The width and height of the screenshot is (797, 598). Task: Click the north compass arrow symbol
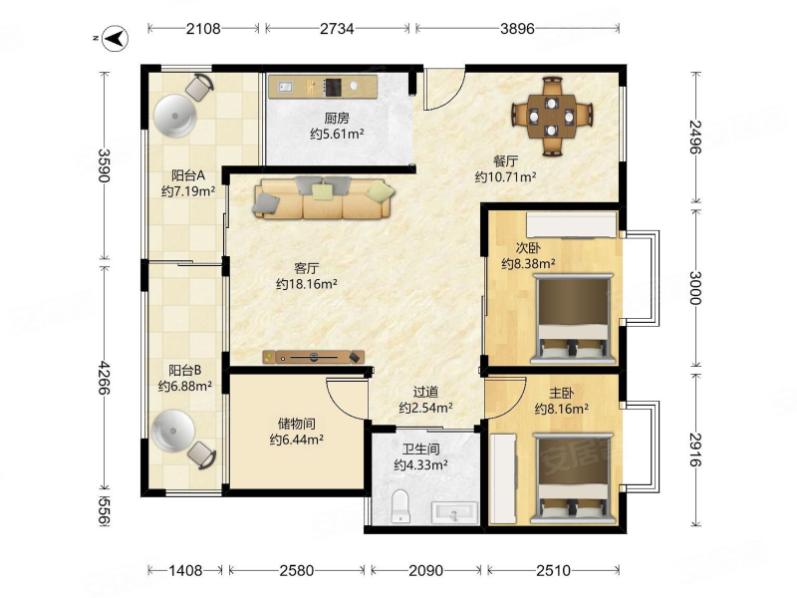[116, 38]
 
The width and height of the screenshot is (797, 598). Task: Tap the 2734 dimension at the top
[337, 29]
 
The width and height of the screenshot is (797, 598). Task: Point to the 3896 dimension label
[517, 29]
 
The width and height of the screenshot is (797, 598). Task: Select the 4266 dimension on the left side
[105, 378]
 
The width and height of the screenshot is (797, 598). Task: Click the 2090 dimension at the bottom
[425, 570]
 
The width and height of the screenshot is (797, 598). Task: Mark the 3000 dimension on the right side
[695, 288]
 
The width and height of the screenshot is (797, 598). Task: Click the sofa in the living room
[323, 197]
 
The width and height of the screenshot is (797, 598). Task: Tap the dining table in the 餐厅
[552, 117]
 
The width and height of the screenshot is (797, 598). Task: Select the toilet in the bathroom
[400, 506]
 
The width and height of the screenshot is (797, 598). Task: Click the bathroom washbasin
[454, 512]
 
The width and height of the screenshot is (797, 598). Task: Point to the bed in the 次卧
[572, 319]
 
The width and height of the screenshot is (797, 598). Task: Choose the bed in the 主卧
[572, 478]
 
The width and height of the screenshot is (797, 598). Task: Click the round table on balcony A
[175, 116]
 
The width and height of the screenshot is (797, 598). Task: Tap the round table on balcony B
[173, 432]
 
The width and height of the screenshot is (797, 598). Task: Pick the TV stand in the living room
[314, 357]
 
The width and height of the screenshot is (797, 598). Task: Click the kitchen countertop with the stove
[323, 87]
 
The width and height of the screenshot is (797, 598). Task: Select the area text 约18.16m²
[307, 284]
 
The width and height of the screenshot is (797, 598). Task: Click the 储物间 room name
[296, 424]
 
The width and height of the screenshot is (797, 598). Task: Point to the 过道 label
[425, 392]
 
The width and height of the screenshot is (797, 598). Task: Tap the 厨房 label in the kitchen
[337, 119]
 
